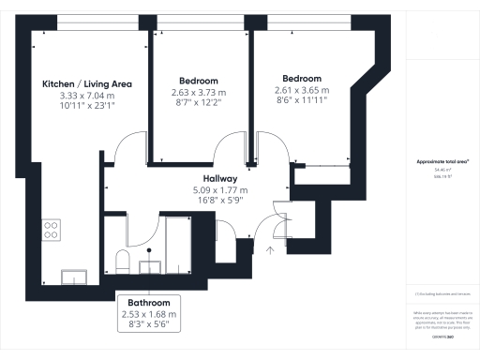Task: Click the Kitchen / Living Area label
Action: pos(87,84)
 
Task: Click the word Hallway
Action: pos(219,178)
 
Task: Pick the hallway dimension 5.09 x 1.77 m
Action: pos(219,190)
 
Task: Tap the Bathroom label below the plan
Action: pos(148,303)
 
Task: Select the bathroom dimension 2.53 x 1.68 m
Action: pos(148,314)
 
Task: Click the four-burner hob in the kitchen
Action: pos(51,228)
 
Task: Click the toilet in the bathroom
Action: pos(121,259)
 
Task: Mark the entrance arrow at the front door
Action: pos(270,250)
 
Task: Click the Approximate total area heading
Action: pos(442,161)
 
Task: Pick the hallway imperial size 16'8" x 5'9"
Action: pos(219,202)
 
